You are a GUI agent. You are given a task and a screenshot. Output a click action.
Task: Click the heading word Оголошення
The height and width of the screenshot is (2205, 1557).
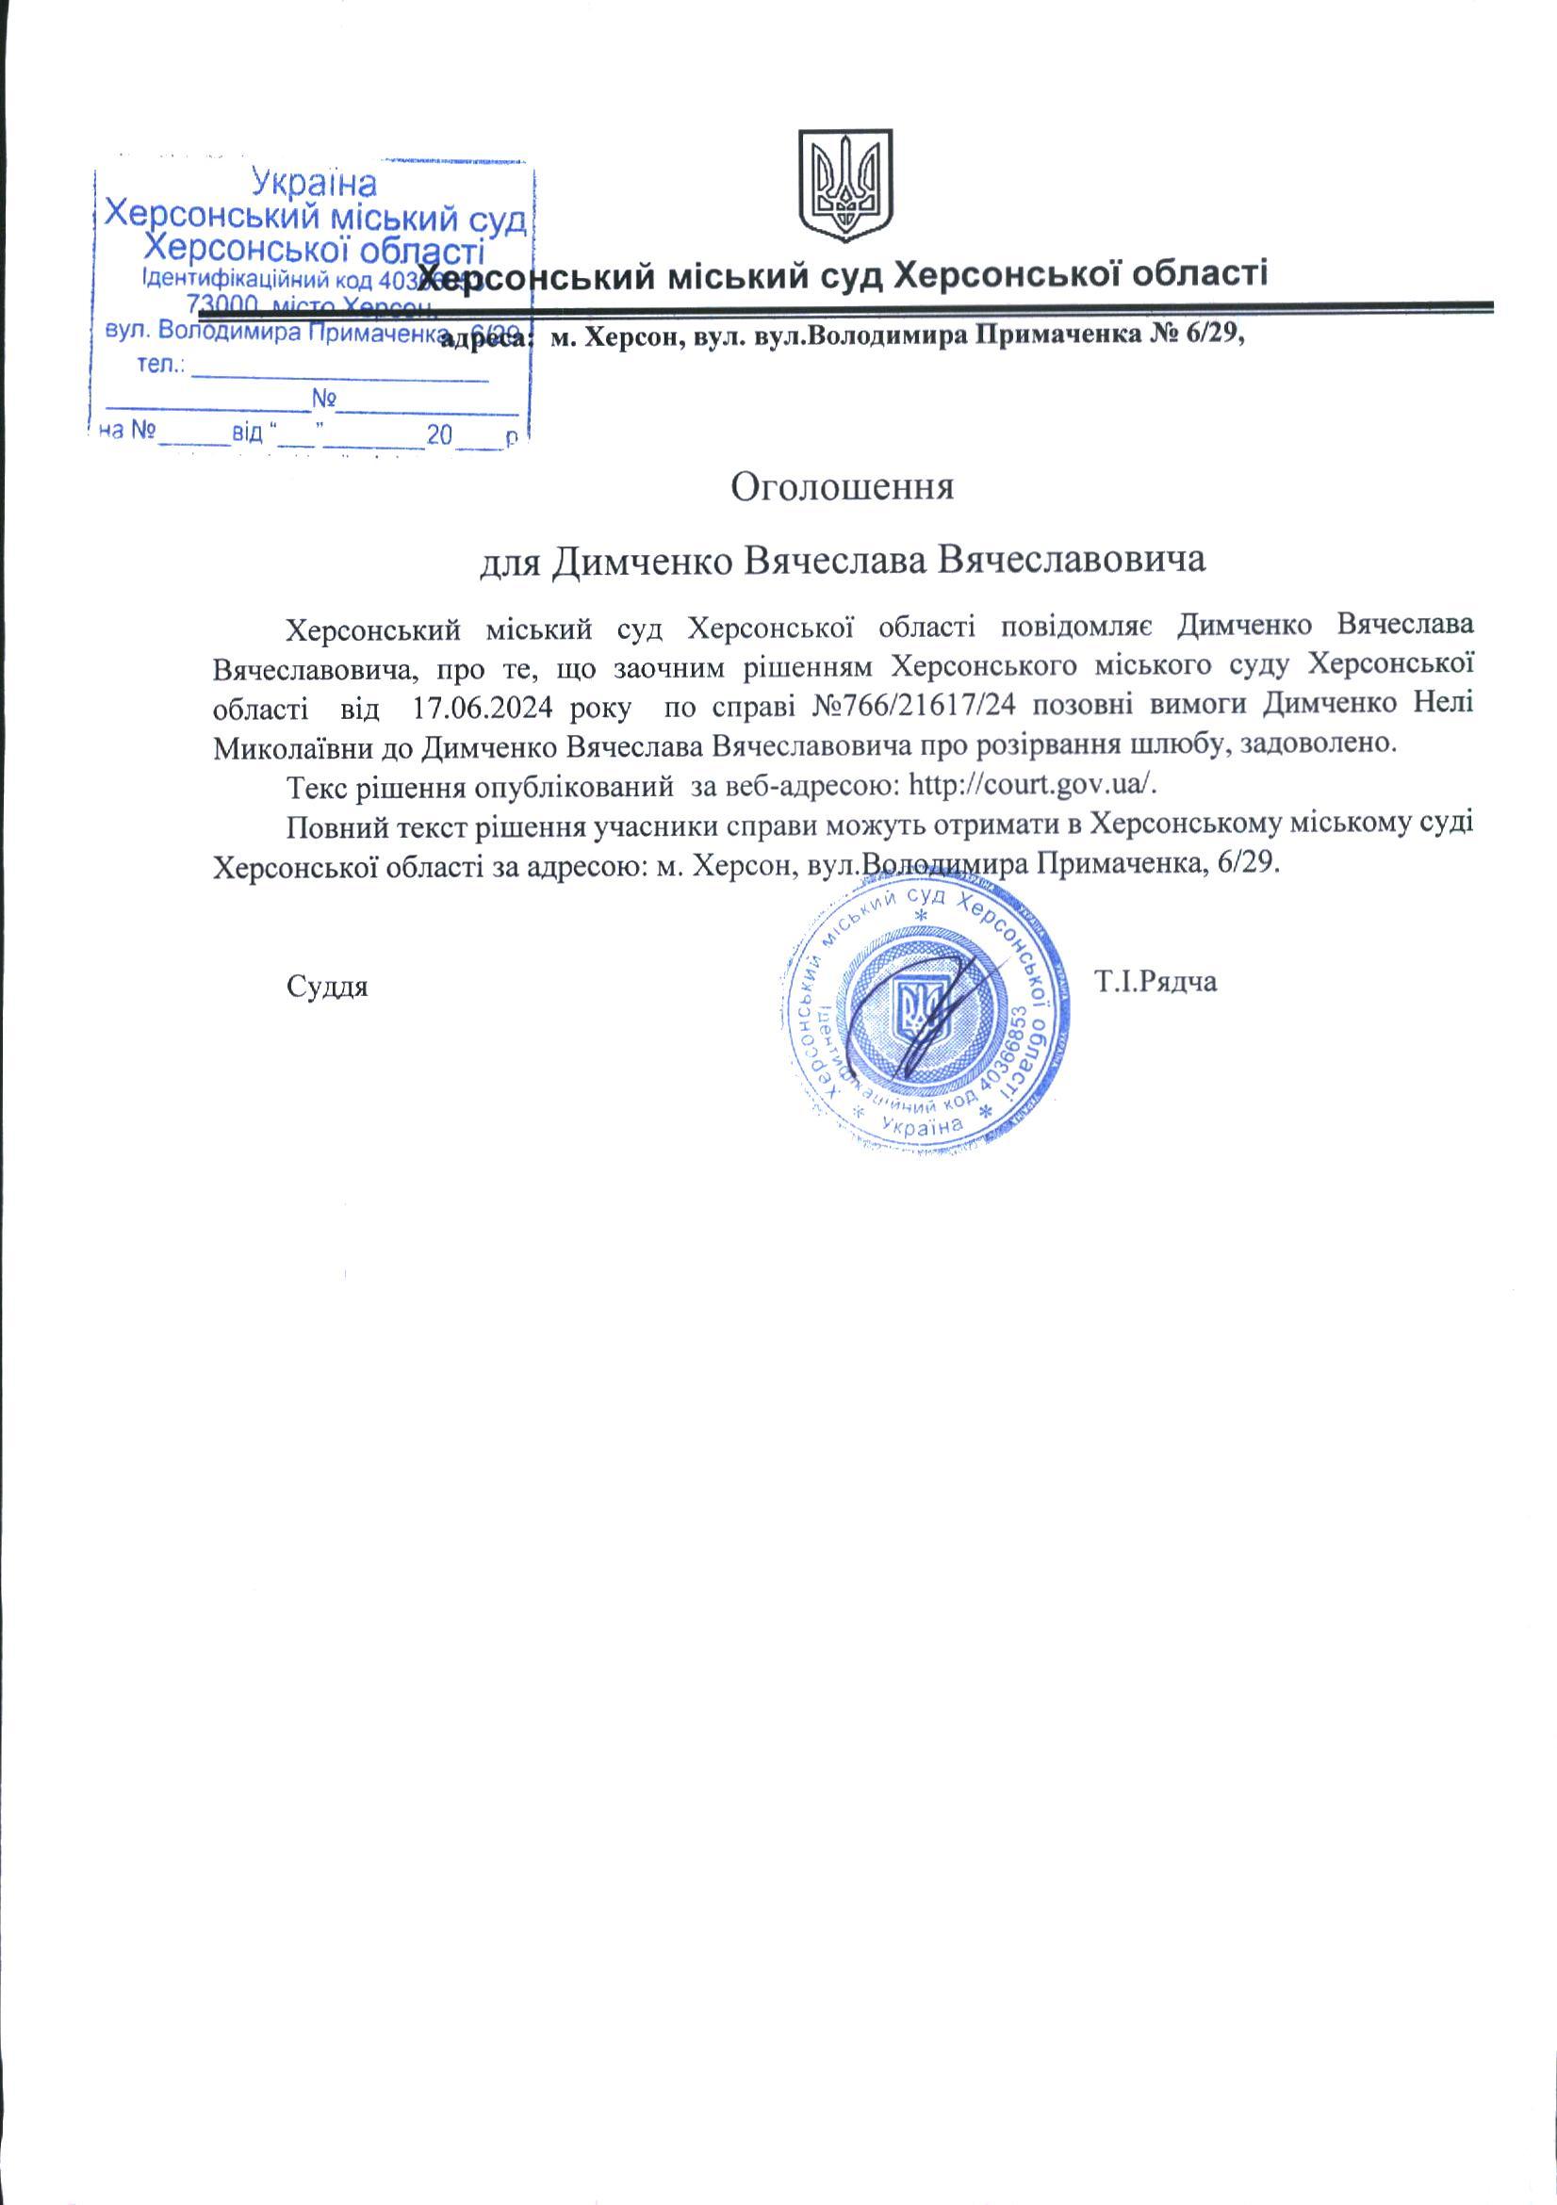tap(843, 486)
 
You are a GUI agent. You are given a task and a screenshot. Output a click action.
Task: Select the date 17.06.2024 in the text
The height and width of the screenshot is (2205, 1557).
tap(483, 708)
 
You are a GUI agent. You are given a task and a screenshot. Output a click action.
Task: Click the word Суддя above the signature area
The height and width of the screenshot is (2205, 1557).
tap(328, 987)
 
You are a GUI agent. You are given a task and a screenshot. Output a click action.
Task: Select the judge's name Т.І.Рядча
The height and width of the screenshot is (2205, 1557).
tap(1155, 982)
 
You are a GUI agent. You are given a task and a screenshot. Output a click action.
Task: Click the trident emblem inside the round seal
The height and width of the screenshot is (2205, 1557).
tap(922, 1008)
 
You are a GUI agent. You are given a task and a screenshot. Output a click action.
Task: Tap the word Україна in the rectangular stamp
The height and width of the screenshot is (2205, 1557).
tap(313, 182)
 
